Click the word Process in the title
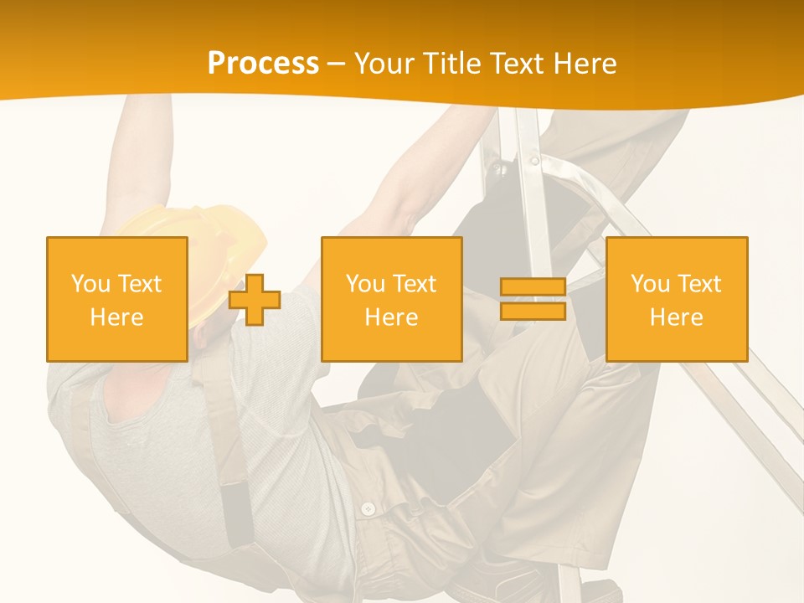263,64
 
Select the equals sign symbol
533,299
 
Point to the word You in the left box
90,284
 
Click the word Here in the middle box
391,317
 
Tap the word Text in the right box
700,284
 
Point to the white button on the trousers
367,508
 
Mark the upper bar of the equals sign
533,287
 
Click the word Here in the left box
116,317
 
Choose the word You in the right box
650,284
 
